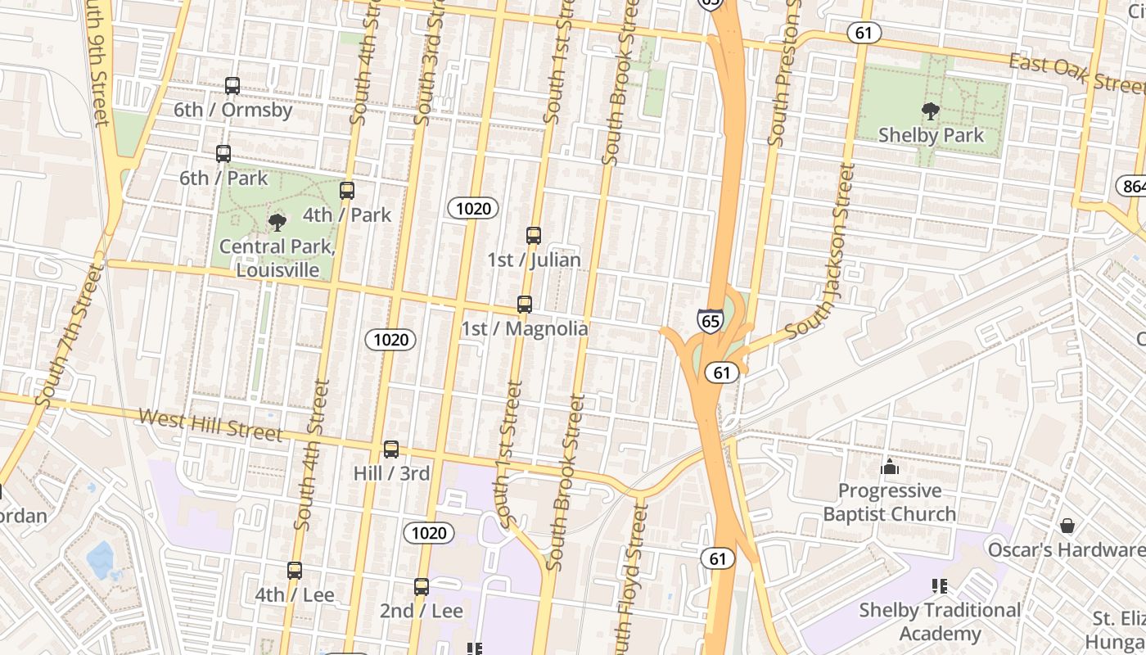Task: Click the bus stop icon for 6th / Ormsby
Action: point(232,85)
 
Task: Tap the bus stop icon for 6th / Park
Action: point(223,153)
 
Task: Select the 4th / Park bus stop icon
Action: point(347,191)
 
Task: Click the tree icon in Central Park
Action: point(277,222)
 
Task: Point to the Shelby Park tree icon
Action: point(930,111)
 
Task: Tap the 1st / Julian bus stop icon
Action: point(534,236)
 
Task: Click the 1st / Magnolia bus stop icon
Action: point(525,305)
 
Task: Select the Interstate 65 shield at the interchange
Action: point(710,320)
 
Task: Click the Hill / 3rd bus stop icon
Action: point(391,449)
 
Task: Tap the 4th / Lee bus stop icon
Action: point(295,571)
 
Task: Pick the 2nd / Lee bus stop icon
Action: point(422,587)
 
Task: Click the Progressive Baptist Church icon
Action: point(890,467)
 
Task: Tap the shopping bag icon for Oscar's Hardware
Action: point(1067,525)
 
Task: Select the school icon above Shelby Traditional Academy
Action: point(939,586)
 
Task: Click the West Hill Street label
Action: point(210,425)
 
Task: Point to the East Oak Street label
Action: point(1076,74)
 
